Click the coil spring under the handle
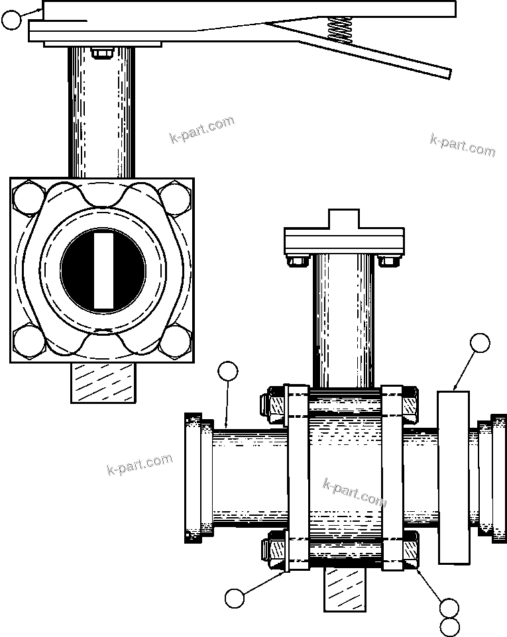pos(339,30)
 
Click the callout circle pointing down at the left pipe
pos(228,371)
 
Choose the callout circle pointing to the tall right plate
pos(479,343)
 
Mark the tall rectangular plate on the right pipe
pos(453,477)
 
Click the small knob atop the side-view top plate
pos(345,219)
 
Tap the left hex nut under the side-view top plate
pos(296,260)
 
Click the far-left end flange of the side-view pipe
pos(193,477)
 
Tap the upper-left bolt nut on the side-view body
pos(273,405)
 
